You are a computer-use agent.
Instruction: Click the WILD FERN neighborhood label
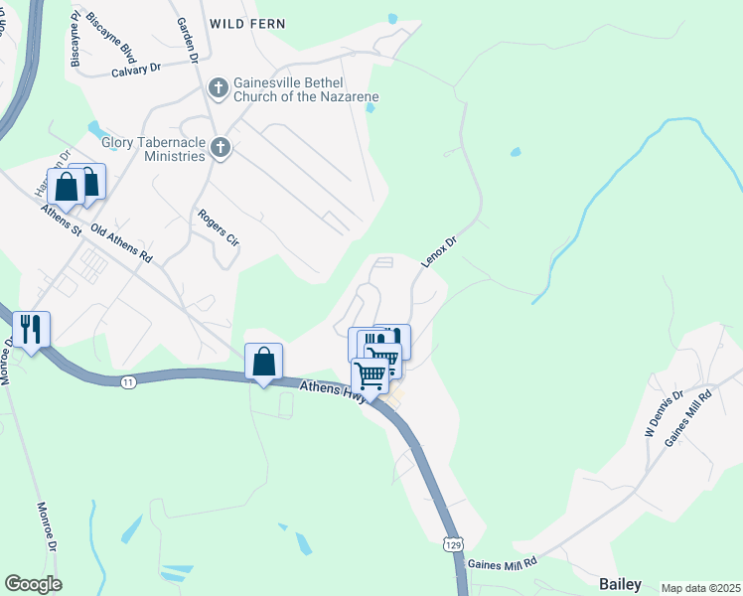[246, 23]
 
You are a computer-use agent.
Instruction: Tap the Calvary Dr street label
[136, 70]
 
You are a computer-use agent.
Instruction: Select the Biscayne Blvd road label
[102, 37]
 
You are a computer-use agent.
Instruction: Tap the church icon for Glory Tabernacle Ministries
[221, 149]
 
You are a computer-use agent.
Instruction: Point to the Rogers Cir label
[219, 227]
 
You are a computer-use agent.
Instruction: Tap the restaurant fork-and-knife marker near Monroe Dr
[31, 329]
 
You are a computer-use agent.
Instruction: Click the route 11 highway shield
[128, 381]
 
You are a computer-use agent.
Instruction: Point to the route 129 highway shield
[452, 544]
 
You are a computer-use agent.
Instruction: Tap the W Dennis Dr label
[665, 414]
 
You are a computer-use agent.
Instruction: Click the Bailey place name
[620, 584]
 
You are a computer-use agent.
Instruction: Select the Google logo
[33, 584]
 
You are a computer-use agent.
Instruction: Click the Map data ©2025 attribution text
[700, 588]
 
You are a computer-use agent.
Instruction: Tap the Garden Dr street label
[187, 40]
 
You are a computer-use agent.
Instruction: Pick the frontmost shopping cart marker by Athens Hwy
[370, 375]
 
